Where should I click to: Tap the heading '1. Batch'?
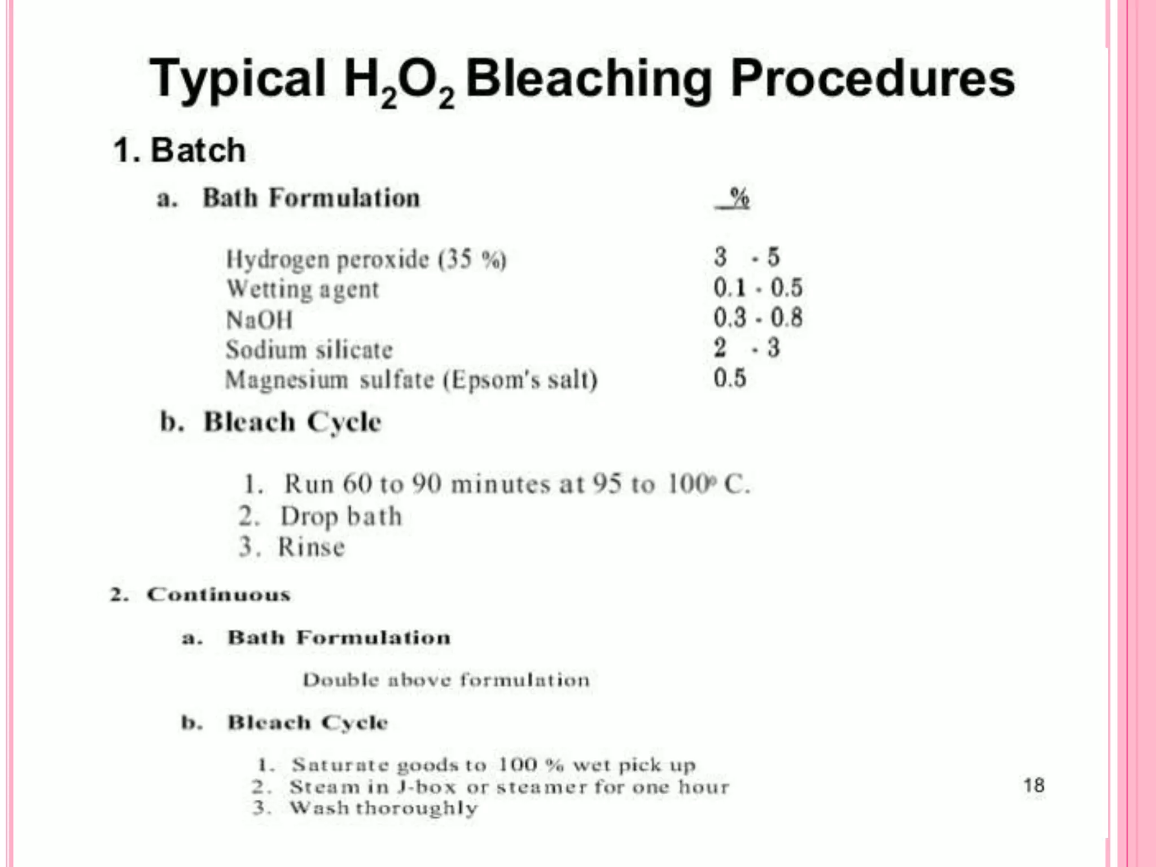coord(179,150)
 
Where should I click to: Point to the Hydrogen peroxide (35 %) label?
coord(366,260)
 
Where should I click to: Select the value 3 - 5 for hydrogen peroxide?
coord(746,257)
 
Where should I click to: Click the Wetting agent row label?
coord(303,290)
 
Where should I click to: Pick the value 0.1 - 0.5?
coord(757,288)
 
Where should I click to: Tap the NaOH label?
coord(259,320)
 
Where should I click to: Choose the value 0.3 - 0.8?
coord(757,318)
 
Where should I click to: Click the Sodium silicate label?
coord(309,350)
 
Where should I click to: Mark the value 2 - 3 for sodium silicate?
coord(746,348)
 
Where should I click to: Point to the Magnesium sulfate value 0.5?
coord(729,378)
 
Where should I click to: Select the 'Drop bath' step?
coord(341,516)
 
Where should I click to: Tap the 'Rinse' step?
coord(311,547)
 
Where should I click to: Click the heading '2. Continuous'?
coord(200,594)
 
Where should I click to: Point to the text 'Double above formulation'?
coord(446,680)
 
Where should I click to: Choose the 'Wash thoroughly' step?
coord(383,808)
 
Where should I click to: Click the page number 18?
coord(1034,785)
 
